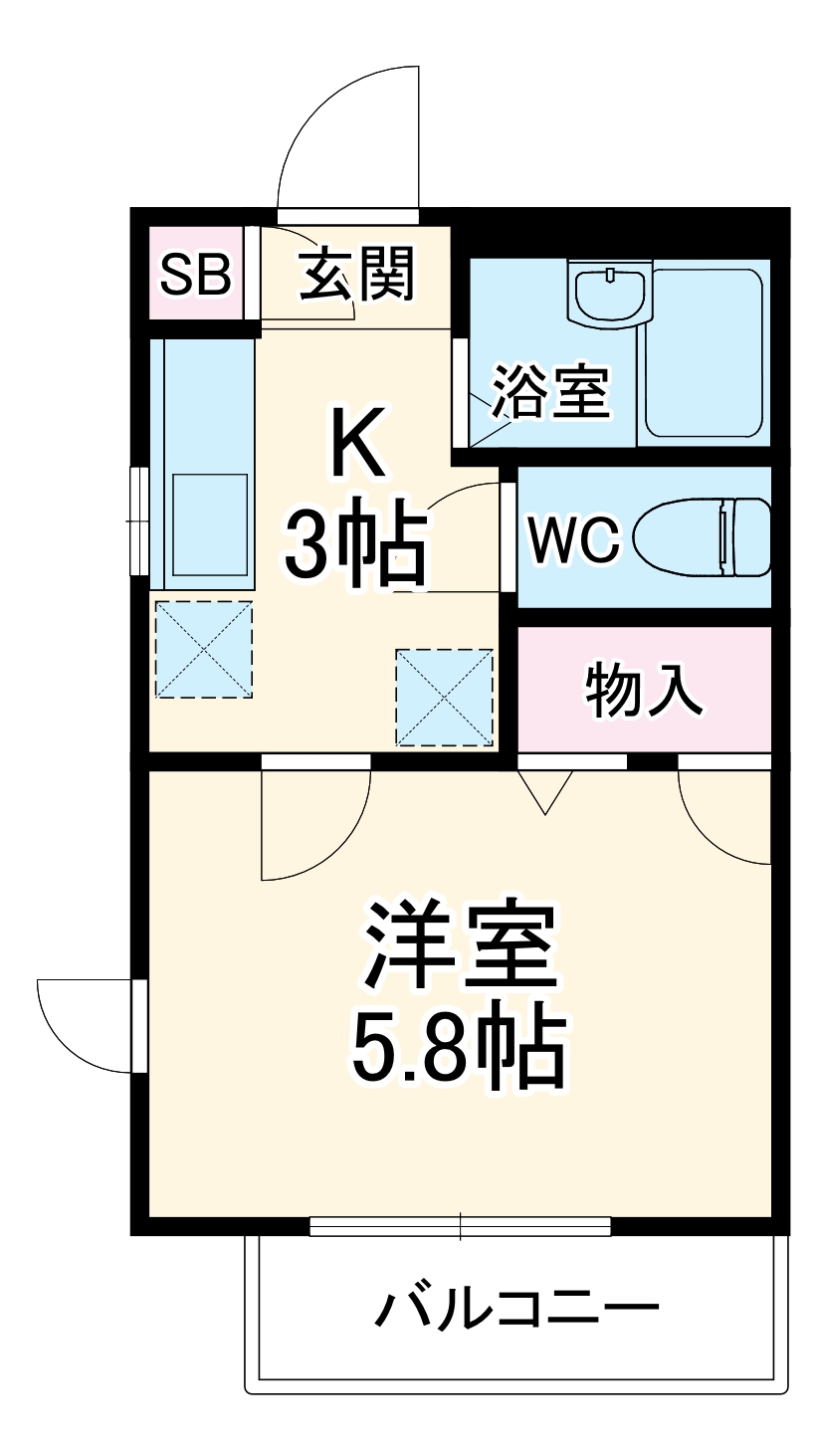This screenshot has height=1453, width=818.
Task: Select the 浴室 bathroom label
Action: tap(549, 391)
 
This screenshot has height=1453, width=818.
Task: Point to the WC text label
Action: tap(573, 539)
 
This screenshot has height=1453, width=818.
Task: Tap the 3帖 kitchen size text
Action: tap(355, 547)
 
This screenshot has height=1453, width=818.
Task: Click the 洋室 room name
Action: tap(459, 944)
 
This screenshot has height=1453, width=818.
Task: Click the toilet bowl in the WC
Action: tap(702, 536)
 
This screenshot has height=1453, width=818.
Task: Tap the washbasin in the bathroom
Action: tap(608, 292)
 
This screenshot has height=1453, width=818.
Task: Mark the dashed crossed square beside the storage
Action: tap(444, 697)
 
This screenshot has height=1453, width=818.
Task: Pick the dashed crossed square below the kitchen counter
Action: tap(203, 649)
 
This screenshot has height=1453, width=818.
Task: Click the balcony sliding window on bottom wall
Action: tap(460, 1226)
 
